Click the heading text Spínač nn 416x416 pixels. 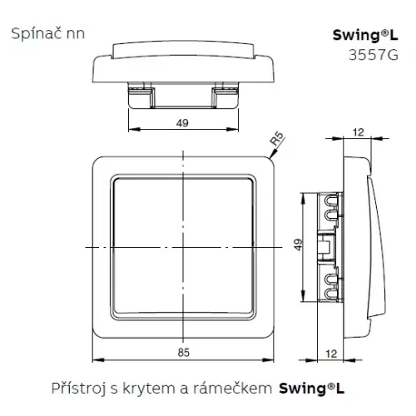click(48, 34)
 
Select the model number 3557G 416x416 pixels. click(374, 55)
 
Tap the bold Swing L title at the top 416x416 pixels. click(365, 35)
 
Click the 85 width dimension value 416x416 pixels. click(184, 353)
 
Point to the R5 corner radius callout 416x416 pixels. click(277, 139)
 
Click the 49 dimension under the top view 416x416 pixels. click(182, 123)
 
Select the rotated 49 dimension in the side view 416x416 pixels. click(298, 245)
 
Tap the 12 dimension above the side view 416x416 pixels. click(358, 132)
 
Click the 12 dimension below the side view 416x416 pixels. click(331, 354)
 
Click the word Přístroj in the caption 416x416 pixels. click(78, 389)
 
